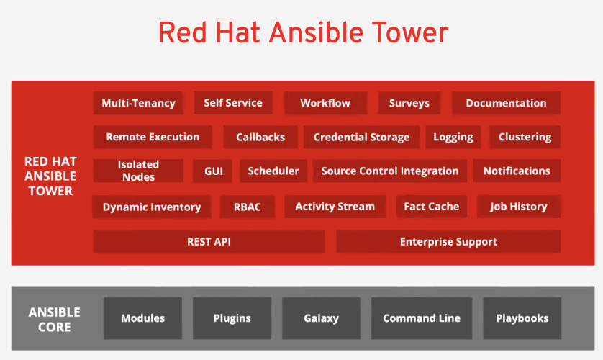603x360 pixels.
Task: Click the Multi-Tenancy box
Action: [138, 103]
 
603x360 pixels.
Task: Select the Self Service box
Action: [233, 103]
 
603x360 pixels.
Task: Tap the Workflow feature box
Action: [325, 103]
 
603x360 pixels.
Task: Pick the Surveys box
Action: [409, 103]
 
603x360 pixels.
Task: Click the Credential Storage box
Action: [361, 137]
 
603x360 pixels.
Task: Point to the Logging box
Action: [453, 137]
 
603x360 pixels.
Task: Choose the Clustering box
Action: [525, 137]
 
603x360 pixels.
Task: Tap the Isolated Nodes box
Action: [138, 171]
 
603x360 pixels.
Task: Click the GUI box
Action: [213, 171]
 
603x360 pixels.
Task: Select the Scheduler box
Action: [273, 171]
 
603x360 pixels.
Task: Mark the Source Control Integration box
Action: [390, 171]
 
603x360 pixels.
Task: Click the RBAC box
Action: [248, 207]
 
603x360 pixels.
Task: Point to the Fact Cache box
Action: [432, 207]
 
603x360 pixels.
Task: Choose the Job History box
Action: [519, 207]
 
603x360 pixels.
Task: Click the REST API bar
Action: [209, 241]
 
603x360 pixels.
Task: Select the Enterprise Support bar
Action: [448, 241]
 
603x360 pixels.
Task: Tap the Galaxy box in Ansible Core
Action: [321, 318]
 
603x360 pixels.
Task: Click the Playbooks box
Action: [522, 318]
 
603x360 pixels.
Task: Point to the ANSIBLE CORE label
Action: [54, 319]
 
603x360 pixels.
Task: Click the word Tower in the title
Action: [410, 32]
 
